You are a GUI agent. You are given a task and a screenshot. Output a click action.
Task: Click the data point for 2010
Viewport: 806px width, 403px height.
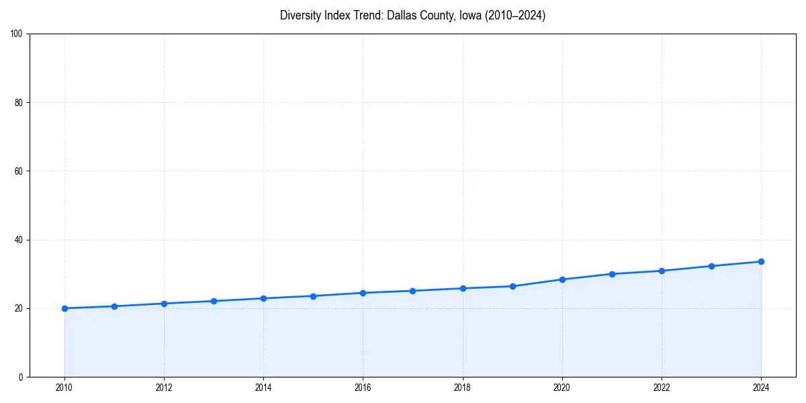point(64,308)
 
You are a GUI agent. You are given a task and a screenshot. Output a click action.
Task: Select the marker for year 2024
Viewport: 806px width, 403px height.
point(761,261)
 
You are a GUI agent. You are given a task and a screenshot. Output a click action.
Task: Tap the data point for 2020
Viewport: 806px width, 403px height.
point(562,279)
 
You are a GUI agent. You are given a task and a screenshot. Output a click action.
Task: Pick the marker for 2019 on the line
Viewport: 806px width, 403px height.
point(512,286)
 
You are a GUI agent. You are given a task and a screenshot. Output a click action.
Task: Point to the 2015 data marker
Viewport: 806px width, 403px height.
point(313,296)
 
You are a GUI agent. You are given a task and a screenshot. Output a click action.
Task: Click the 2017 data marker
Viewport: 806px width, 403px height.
point(412,291)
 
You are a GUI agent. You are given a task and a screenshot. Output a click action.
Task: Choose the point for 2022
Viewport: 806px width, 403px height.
point(662,271)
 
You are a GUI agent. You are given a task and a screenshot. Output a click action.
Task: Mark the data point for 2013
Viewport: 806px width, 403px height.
point(214,301)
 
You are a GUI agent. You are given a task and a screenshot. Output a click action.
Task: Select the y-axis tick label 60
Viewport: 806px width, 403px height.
point(19,171)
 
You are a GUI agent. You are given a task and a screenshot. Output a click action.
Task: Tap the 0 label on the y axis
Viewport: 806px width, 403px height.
point(21,377)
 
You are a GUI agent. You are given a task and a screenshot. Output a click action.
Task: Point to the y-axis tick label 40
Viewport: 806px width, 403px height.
point(19,240)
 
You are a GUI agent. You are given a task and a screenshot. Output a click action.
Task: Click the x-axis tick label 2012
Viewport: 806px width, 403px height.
point(164,388)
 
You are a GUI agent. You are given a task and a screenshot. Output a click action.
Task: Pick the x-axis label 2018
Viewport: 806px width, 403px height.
point(462,388)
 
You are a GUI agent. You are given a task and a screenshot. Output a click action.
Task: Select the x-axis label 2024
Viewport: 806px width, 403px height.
point(761,388)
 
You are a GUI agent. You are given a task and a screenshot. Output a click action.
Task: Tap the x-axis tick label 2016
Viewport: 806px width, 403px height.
point(363,388)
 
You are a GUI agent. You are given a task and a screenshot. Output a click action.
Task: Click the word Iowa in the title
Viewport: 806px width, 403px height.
point(470,15)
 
